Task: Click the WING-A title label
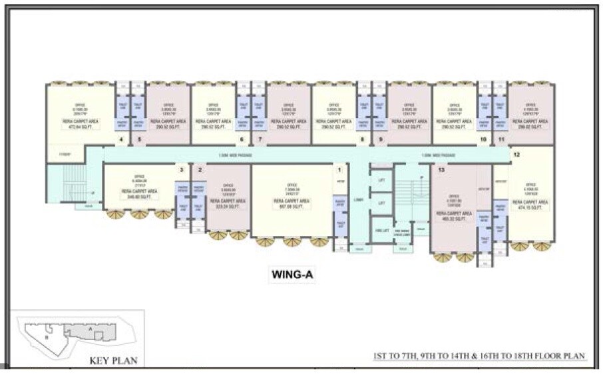(293, 274)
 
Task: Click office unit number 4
(120, 139)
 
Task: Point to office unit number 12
(516, 155)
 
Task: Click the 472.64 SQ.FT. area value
(81, 126)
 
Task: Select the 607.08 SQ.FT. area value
(292, 206)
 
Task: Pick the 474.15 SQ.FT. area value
(530, 207)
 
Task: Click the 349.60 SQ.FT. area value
(140, 197)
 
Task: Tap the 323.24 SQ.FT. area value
(228, 206)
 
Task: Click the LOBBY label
(359, 199)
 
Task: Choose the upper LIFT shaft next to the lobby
(381, 181)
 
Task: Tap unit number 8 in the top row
(363, 139)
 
